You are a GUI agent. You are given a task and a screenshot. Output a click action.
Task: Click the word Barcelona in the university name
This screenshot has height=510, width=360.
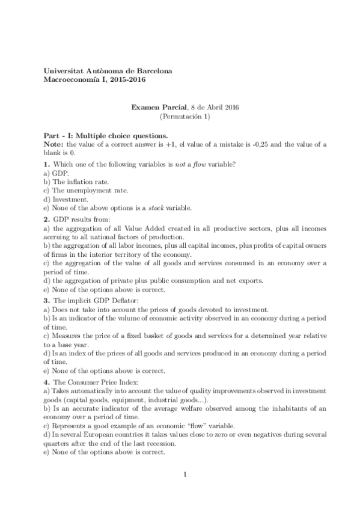tap(152, 70)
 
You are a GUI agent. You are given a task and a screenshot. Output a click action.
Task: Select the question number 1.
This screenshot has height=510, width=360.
tap(47, 164)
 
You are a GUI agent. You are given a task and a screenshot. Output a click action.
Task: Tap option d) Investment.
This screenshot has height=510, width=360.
tap(66, 199)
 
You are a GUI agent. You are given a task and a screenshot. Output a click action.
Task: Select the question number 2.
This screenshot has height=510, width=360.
tap(47, 220)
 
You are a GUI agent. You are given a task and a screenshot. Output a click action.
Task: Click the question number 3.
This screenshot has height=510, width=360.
tap(47, 301)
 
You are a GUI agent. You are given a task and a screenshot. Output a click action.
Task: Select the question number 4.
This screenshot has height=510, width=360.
tap(47, 382)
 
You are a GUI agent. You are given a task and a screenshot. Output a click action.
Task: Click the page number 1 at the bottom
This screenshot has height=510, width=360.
tap(185, 475)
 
